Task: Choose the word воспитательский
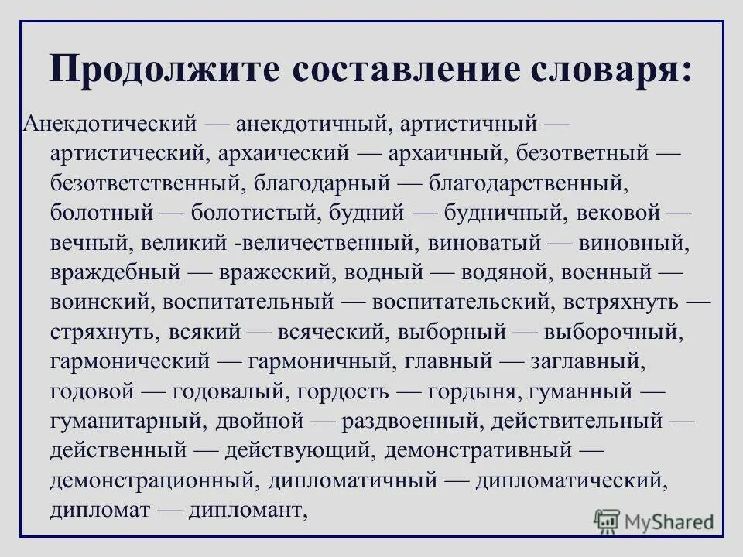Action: coord(460,301)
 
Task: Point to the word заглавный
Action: coord(586,361)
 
